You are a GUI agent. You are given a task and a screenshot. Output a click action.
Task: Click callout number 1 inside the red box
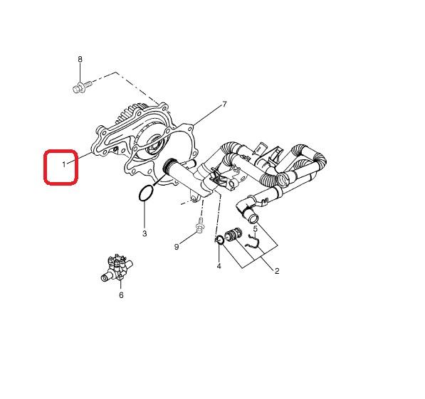pos(64,164)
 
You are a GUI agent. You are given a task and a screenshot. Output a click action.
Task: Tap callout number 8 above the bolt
pos(80,59)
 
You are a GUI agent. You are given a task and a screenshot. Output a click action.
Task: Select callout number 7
pos(224,104)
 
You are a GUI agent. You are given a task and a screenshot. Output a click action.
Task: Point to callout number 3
pos(145,233)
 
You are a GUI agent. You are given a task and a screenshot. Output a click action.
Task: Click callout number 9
pos(177,247)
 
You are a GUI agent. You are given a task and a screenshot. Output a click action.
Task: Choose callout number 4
pos(219,266)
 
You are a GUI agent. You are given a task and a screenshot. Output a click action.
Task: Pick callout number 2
pos(277,271)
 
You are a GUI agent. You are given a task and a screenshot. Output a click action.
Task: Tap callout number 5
pos(256,229)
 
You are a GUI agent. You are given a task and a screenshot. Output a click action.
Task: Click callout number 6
pos(121,295)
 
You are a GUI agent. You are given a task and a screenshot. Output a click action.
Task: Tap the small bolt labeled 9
pos(200,225)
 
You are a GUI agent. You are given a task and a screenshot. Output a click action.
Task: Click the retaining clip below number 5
pos(253,241)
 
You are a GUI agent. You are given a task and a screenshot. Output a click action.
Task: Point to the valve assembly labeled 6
pos(117,268)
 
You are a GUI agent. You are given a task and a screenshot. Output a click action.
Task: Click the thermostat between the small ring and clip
pos(233,235)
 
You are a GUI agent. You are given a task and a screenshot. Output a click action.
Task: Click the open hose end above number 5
pos(253,218)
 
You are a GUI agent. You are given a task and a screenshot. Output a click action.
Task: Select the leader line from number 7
pos(208,116)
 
